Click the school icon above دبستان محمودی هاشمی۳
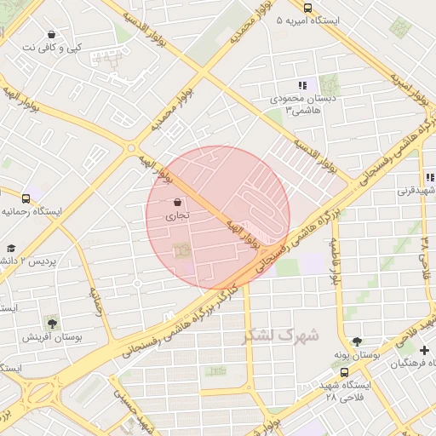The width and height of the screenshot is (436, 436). (302, 85)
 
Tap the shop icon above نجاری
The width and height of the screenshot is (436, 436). (177, 203)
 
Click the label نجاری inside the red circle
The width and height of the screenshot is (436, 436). (177, 216)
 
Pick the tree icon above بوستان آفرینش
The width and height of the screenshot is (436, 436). (53, 323)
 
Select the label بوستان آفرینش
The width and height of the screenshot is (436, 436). (54, 337)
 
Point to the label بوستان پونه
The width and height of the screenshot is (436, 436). (356, 354)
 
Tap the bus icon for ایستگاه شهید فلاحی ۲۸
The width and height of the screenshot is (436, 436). (344, 371)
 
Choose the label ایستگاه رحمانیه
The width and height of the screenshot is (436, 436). (34, 210)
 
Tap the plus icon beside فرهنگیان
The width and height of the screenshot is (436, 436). (424, 350)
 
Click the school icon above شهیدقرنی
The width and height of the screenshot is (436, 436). (431, 177)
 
